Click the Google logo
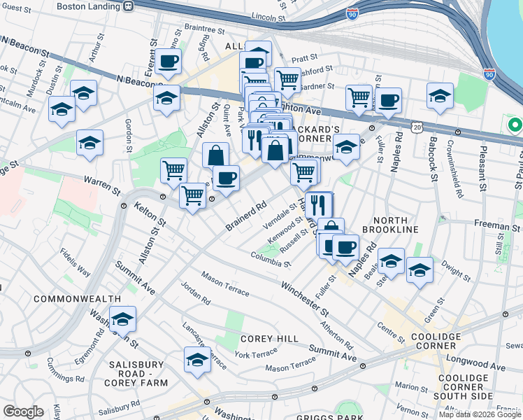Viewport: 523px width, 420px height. [x=22, y=412]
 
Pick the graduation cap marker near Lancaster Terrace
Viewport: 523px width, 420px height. [x=197, y=360]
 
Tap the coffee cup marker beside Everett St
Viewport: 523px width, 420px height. [x=168, y=61]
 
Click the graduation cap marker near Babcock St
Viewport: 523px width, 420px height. [x=440, y=96]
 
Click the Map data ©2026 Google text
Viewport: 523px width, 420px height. [x=480, y=414]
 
